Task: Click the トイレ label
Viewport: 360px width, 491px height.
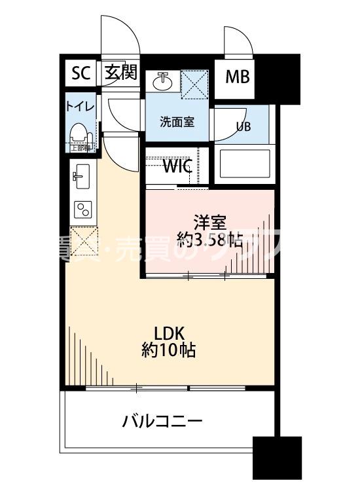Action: pyautogui.click(x=79, y=106)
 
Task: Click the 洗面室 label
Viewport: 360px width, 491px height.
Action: pyautogui.click(x=177, y=122)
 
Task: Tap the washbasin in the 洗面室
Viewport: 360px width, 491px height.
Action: pyautogui.click(x=162, y=82)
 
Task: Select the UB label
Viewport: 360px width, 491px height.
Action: pyautogui.click(x=243, y=126)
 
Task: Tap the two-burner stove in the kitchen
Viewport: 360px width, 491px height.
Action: pyautogui.click(x=83, y=209)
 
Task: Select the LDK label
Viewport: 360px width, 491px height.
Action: pyautogui.click(x=168, y=333)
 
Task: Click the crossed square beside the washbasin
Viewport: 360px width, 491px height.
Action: pyautogui.click(x=194, y=83)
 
